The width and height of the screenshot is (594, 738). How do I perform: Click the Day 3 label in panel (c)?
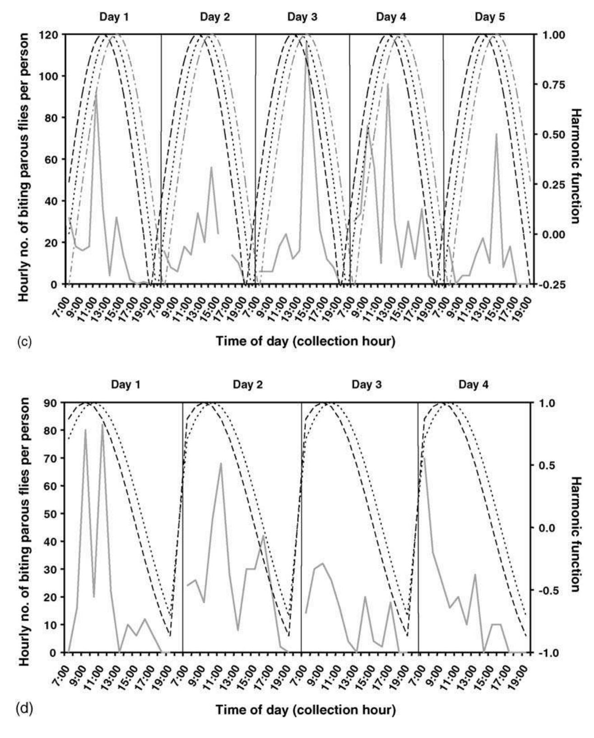tap(302, 17)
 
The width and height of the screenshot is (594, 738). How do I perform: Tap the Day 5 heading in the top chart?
tap(490, 17)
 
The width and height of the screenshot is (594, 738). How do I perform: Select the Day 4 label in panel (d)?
tap(473, 385)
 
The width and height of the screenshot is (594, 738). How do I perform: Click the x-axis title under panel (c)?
tap(305, 341)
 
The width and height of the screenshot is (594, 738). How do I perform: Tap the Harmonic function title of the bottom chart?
tap(575, 528)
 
